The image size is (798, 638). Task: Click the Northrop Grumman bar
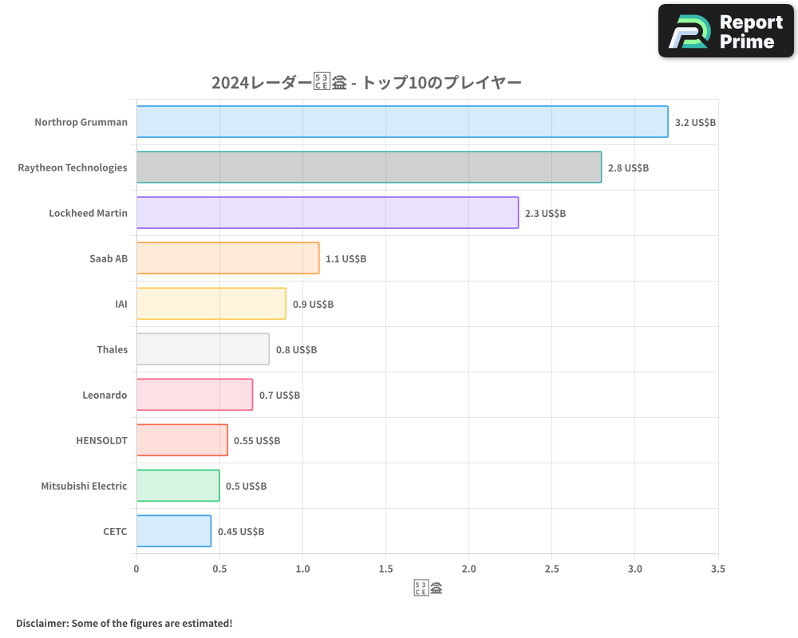[x=402, y=122]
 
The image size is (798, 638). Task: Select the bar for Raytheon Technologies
[x=369, y=167]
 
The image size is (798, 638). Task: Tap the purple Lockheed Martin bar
[x=327, y=213]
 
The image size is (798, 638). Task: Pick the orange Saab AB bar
[x=227, y=258]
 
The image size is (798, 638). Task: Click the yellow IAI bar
[x=211, y=304]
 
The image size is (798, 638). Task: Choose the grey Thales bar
[x=203, y=349]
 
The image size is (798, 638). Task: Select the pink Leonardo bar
[x=195, y=395]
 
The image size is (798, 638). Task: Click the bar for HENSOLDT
[x=182, y=440]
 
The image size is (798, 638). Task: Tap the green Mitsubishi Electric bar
[x=178, y=486]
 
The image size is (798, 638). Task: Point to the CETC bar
[x=174, y=531]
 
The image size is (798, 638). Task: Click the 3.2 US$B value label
[x=695, y=123]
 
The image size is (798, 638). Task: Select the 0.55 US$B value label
[x=257, y=441]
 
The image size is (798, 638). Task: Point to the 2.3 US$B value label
[x=545, y=214]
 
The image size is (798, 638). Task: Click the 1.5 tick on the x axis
[x=385, y=569]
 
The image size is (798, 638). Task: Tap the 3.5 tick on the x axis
[x=717, y=569]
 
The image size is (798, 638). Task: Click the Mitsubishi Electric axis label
[x=84, y=486]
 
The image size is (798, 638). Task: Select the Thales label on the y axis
[x=112, y=349]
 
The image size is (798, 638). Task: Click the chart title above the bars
[x=366, y=83]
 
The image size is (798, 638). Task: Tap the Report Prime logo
[x=726, y=31]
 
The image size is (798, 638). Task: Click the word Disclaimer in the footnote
[x=41, y=623]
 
